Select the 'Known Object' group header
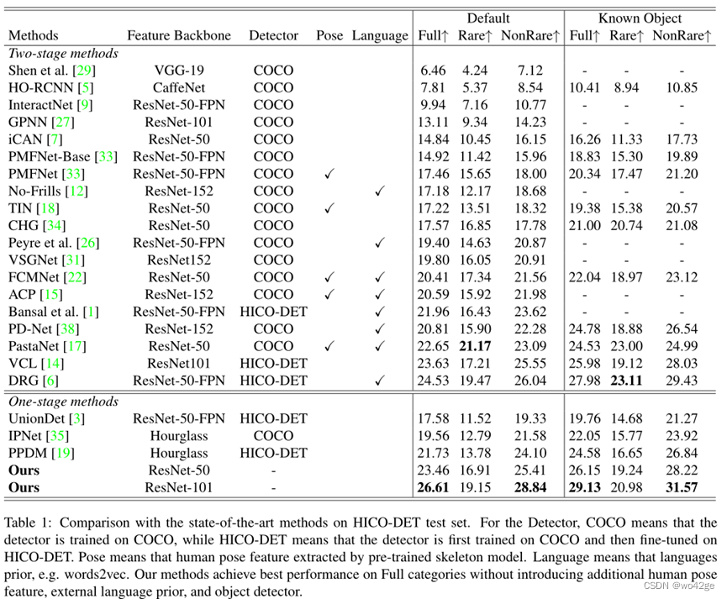640,18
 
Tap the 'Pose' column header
329,36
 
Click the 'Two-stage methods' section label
63,53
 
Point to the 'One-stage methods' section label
63,402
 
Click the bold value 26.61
432,487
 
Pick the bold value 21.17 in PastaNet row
475,346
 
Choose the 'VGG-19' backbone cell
177,71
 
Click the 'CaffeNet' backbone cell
177,87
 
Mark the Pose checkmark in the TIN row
329,208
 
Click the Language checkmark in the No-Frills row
380,192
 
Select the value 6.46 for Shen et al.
432,71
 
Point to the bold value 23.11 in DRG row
626,381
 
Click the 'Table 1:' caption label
34,523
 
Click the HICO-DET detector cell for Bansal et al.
273,312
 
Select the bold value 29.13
585,487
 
